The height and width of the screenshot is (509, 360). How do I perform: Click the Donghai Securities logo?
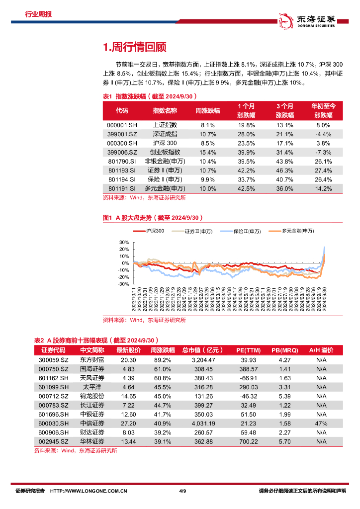point(307,19)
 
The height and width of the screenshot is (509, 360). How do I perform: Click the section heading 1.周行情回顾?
point(134,47)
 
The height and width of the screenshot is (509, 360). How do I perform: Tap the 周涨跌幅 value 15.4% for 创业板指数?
point(207,152)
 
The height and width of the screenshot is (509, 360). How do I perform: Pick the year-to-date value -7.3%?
point(323,152)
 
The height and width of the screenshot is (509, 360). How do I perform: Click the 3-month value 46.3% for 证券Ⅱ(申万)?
point(285,170)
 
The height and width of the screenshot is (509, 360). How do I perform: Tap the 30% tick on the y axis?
point(124,243)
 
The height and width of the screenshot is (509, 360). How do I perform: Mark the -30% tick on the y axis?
point(123,284)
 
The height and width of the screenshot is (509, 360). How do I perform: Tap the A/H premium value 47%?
point(321,423)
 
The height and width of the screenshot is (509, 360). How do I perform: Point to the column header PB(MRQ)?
point(285,350)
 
